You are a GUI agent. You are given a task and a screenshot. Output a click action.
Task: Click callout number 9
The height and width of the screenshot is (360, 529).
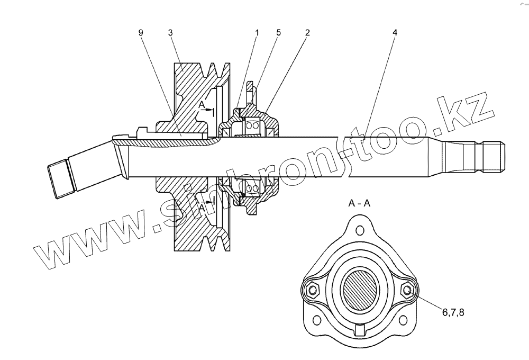(x=141, y=33)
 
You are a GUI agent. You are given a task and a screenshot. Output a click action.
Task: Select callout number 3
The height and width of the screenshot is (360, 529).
(x=170, y=33)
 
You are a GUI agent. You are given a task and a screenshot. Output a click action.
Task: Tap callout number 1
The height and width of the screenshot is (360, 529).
(x=257, y=33)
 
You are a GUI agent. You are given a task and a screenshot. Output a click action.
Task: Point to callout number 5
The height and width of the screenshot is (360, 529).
(x=278, y=33)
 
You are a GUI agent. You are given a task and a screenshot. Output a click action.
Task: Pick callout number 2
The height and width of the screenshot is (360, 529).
(x=307, y=33)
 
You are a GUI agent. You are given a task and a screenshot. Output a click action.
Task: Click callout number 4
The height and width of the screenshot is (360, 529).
(x=395, y=33)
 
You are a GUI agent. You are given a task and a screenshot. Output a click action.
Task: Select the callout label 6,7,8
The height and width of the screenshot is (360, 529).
(x=453, y=313)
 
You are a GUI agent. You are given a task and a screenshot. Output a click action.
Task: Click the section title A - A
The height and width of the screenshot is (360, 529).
(x=359, y=203)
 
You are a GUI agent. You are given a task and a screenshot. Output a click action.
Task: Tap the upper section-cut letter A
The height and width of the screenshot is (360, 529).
(x=202, y=106)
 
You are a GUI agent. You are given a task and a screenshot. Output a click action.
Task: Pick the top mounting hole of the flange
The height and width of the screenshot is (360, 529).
(x=360, y=230)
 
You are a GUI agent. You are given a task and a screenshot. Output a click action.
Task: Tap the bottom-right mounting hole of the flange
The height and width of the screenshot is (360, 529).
(x=405, y=320)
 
